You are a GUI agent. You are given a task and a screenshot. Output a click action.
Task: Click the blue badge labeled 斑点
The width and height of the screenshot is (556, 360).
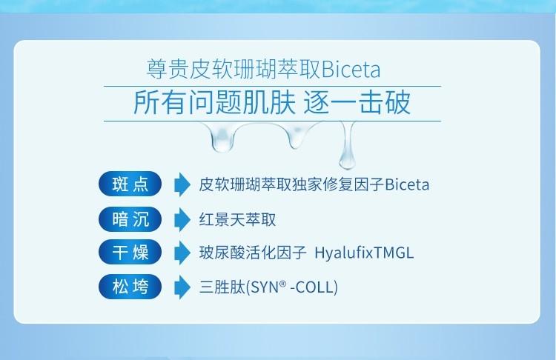coord(130,184)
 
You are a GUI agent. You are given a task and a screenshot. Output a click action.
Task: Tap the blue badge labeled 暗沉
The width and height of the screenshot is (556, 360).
coord(130,219)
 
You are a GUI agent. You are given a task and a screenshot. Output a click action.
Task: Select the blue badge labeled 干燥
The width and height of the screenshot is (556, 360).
coord(130,253)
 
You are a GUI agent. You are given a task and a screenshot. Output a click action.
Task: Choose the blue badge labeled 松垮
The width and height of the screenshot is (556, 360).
coord(130,287)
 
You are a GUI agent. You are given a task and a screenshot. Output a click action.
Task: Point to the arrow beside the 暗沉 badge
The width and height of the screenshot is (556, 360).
coord(182,219)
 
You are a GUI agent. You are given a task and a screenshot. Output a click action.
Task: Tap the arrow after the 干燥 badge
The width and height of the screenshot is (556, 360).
coord(182,253)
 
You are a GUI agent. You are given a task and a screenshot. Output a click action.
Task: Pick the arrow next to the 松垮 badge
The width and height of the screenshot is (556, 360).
coord(182,287)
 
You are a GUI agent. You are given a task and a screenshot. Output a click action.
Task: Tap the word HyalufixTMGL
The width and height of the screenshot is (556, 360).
coord(364,253)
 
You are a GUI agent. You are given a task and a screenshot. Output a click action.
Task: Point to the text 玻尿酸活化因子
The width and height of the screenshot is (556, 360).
coord(253,253)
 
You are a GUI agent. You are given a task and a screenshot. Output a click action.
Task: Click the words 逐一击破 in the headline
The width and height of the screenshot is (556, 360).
coord(358,103)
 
